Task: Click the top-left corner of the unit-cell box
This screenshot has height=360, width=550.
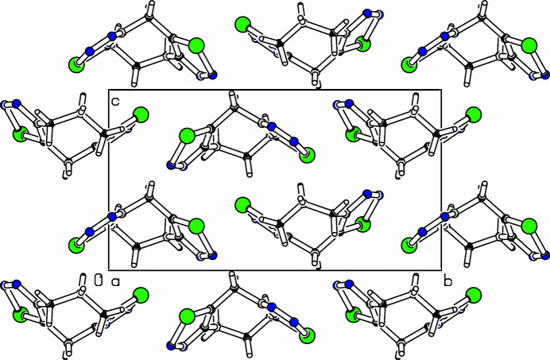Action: point(109,90)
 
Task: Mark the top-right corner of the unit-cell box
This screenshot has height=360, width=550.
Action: point(441,90)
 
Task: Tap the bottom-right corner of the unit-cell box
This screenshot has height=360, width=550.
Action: point(441,269)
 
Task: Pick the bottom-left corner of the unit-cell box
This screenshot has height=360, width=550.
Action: point(109,269)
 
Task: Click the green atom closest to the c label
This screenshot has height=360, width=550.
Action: point(141,115)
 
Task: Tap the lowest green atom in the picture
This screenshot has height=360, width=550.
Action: point(188,318)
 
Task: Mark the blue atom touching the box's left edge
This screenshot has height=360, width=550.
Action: point(111,216)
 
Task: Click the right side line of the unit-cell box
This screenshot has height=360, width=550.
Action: point(441,180)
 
